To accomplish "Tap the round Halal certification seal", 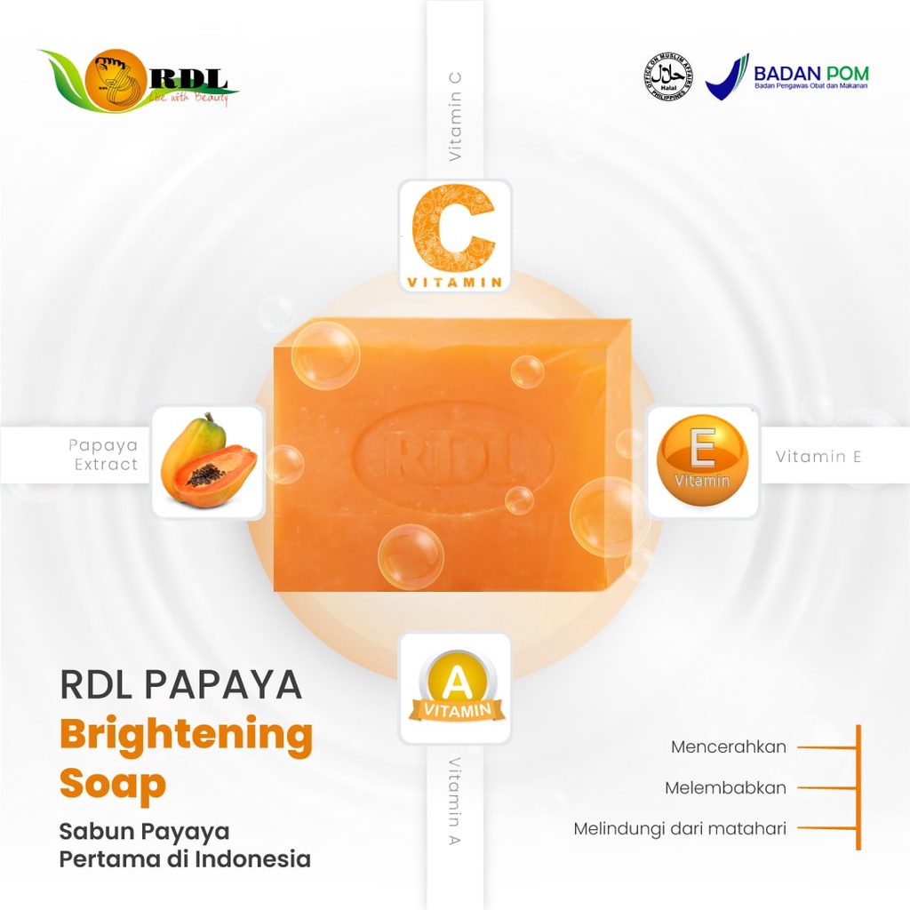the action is pos(667,76).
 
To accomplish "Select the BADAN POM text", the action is pos(810,73).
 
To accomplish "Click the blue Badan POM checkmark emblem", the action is pos(727,76).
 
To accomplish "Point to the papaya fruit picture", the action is pos(208,461).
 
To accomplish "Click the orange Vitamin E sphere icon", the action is pos(702,461).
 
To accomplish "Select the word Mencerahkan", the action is pos(729,746).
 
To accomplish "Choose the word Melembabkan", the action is pos(725,788).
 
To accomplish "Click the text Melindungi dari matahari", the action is pos(680,829).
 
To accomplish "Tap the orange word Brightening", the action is pos(186,736).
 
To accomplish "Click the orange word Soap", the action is pos(113,785).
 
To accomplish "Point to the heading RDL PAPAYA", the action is pos(181,685).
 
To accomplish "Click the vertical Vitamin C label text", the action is pos(455,116).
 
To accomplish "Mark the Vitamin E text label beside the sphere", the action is pos(818,457).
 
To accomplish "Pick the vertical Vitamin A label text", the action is pos(455,800).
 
